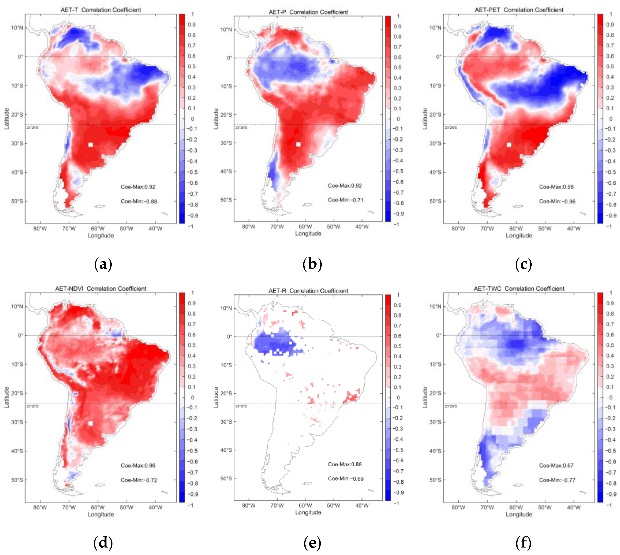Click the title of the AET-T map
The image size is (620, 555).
tap(101, 10)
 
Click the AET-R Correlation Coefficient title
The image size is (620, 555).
tap(308, 291)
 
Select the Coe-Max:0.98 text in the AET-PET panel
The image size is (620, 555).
tap(556, 187)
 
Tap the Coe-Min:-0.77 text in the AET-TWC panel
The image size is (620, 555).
tap(557, 480)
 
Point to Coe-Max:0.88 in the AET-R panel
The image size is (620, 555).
tap(345, 464)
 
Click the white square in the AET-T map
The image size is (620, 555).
tap(91, 145)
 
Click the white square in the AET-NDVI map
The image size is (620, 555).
tap(91, 423)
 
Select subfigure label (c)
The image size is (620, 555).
tap(523, 264)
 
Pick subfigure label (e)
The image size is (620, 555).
tap(312, 543)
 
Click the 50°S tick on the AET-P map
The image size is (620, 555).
tap(226, 200)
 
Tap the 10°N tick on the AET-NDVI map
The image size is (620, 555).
tap(17, 306)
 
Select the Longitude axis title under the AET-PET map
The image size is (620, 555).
tap(519, 235)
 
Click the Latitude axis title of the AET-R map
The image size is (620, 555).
tap(216, 397)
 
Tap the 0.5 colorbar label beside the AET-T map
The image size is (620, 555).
tap(192, 67)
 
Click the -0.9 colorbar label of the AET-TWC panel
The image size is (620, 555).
tap(610, 494)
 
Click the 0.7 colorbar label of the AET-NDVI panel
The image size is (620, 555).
tap(192, 324)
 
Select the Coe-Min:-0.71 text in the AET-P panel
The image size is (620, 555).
tap(346, 200)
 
